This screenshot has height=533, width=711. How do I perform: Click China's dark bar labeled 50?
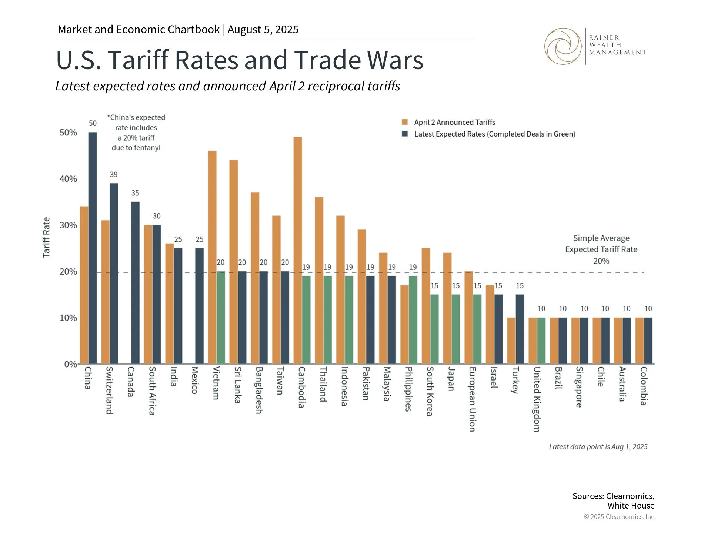pyautogui.click(x=93, y=248)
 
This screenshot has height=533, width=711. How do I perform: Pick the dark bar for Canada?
pyautogui.click(x=136, y=283)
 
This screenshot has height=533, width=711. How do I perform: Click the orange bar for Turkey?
pyautogui.click(x=511, y=341)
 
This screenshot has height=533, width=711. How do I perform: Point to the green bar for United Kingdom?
pyautogui.click(x=541, y=341)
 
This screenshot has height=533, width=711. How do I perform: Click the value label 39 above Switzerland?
pyautogui.click(x=114, y=174)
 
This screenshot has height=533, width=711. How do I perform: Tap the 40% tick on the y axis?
pyautogui.click(x=68, y=179)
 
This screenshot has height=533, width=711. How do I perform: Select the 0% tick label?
pyautogui.click(x=70, y=364)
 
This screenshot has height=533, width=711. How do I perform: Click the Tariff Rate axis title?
pyautogui.click(x=46, y=237)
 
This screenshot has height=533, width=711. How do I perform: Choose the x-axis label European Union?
pyautogui.click(x=472, y=399)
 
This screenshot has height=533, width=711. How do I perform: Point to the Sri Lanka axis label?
pyautogui.click(x=238, y=385)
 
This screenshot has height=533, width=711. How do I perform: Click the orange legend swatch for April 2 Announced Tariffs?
pyautogui.click(x=405, y=122)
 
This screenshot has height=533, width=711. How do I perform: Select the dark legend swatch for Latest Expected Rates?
pyautogui.click(x=405, y=134)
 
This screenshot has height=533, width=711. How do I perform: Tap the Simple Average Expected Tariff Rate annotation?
pyautogui.click(x=601, y=249)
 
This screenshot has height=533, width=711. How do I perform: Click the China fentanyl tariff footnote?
pyautogui.click(x=136, y=133)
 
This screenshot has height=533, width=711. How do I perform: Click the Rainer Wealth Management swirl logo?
pyautogui.click(x=563, y=46)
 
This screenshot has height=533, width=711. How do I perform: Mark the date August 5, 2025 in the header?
pyautogui.click(x=263, y=30)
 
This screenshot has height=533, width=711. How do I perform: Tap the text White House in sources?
pyautogui.click(x=631, y=506)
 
